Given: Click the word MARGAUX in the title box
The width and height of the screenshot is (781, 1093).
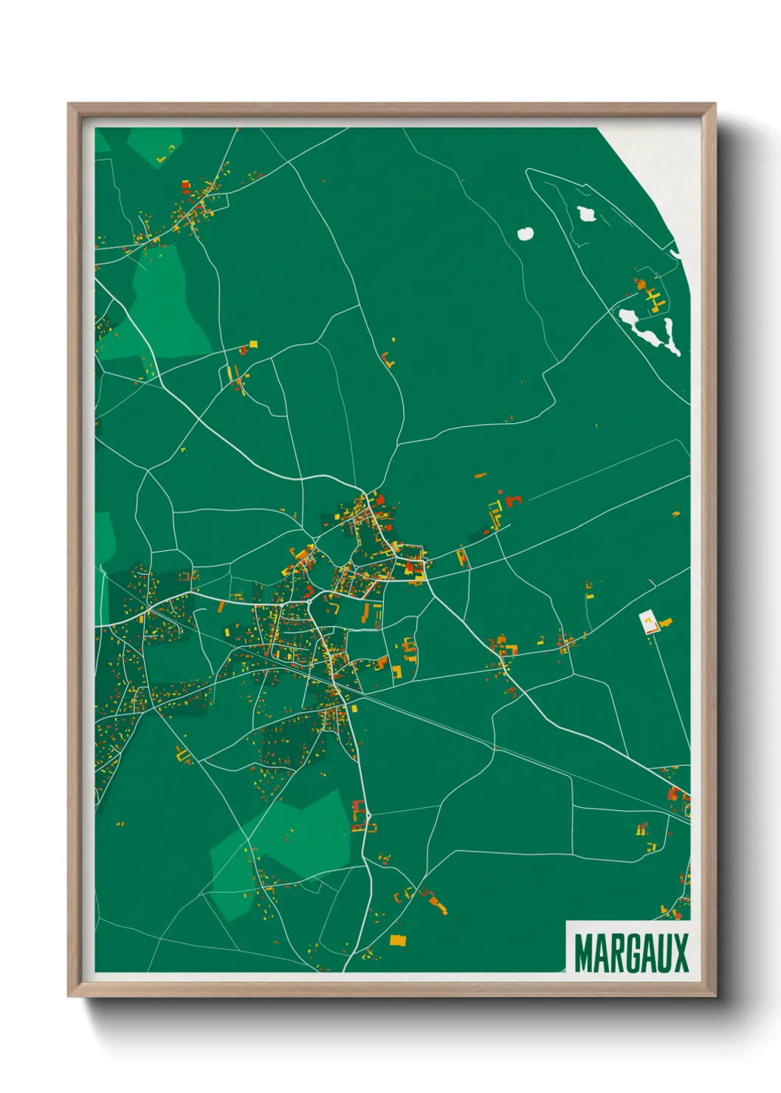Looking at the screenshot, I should click(x=630, y=953).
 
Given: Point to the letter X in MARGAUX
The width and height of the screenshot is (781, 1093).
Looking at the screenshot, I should click(x=680, y=953).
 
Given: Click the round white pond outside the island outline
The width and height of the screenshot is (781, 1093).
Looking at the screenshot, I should click(x=526, y=233).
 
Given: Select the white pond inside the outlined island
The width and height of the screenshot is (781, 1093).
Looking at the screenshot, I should click(x=588, y=214).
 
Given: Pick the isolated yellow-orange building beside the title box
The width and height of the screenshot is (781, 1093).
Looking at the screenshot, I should click(x=398, y=940).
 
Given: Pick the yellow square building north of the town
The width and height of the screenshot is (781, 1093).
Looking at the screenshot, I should click(x=253, y=343).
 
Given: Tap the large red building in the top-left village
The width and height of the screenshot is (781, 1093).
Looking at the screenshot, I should click(x=185, y=186).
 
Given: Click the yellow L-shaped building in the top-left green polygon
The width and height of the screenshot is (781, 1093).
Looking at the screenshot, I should click(x=166, y=154).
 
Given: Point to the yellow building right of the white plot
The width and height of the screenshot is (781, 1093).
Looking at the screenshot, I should click(x=665, y=622).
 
